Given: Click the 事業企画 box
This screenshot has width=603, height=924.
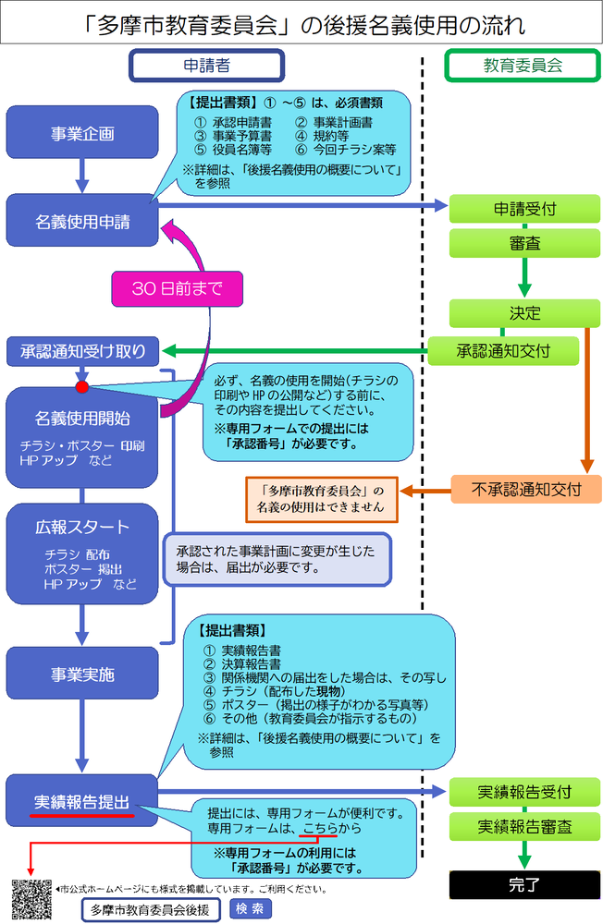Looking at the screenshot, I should [x=82, y=133].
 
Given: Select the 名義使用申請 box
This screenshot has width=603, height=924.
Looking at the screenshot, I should [x=82, y=222].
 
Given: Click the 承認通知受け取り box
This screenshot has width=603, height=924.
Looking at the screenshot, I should [x=82, y=350].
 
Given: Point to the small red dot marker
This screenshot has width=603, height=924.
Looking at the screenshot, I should [x=81, y=386].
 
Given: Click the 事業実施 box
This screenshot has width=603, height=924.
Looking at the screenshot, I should [x=82, y=674].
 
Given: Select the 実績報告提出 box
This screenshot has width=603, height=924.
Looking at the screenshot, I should [x=82, y=800].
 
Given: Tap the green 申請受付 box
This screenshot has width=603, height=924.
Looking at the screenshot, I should [x=524, y=210].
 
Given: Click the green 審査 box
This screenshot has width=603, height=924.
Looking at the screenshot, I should [x=524, y=244].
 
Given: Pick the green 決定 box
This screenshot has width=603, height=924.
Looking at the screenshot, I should [x=524, y=312].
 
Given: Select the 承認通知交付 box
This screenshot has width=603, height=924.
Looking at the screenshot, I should [x=504, y=350].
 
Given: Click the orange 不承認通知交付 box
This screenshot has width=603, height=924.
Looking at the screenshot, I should [x=525, y=489].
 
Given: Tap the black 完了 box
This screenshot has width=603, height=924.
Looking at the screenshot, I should [x=524, y=884].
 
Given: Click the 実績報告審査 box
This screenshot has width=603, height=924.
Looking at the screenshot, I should [x=524, y=826].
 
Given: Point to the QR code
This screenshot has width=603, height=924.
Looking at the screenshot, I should [x=31, y=900].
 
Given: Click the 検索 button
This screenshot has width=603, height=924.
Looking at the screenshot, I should [x=249, y=908].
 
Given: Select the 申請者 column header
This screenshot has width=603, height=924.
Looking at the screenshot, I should [x=206, y=66].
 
